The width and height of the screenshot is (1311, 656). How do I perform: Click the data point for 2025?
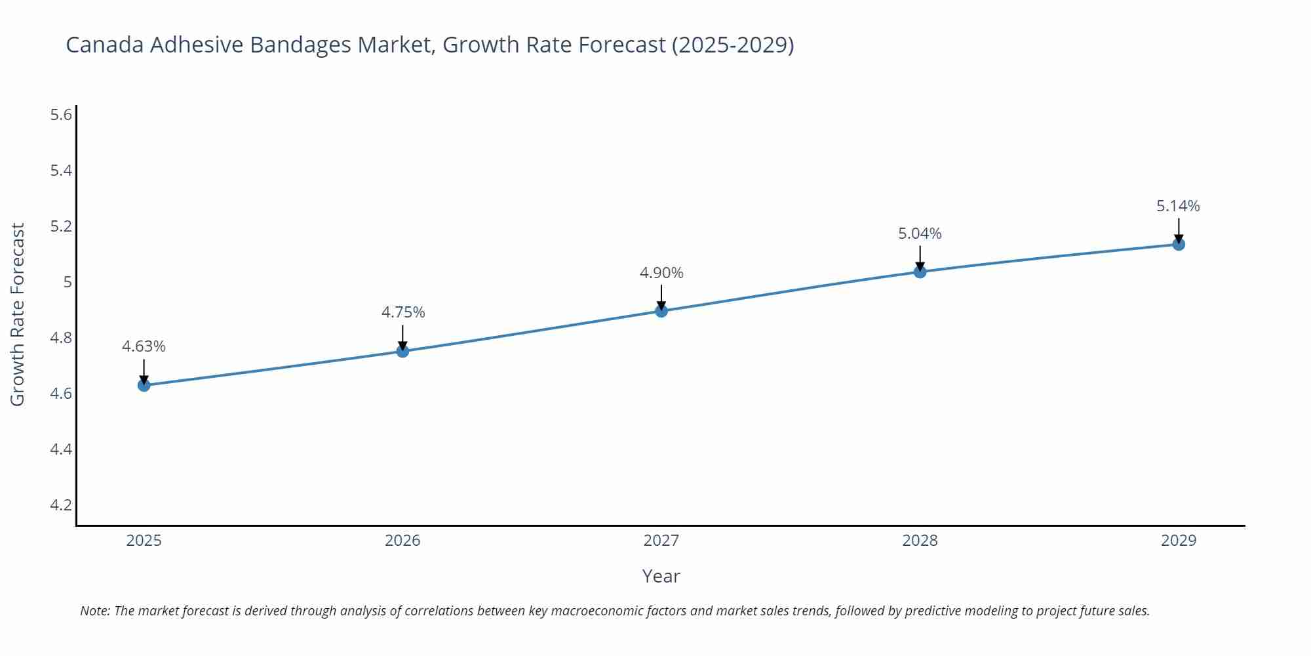[x=144, y=385]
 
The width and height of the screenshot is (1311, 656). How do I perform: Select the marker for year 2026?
[x=402, y=352]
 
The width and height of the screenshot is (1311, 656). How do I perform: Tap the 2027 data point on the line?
[x=661, y=311]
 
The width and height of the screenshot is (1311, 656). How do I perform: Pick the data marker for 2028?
[x=920, y=272]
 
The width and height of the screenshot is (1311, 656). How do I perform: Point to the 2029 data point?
[x=1179, y=245]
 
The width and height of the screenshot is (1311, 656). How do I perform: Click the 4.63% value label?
[x=144, y=346]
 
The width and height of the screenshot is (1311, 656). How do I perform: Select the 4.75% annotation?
[x=403, y=312]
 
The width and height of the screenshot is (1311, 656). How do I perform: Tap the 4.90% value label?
[x=661, y=273]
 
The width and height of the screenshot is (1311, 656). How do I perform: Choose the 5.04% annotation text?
[x=920, y=234]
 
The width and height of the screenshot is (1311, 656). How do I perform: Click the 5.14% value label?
[x=1178, y=206]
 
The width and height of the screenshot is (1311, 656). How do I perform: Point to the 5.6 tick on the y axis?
[x=61, y=115]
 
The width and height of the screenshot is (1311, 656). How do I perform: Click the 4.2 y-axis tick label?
[x=61, y=505]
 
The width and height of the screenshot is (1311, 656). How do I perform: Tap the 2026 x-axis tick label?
[x=402, y=541]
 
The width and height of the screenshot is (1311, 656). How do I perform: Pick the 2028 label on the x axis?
[x=920, y=541]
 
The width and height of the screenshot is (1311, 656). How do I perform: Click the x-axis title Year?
[x=661, y=576]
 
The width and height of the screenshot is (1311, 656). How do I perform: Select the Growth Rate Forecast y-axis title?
[x=18, y=314]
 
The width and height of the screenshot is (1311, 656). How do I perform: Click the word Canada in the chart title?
[x=106, y=45]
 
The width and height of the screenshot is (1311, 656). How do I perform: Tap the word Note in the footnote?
[x=94, y=611]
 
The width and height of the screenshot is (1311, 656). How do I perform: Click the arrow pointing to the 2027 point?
[x=661, y=297]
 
